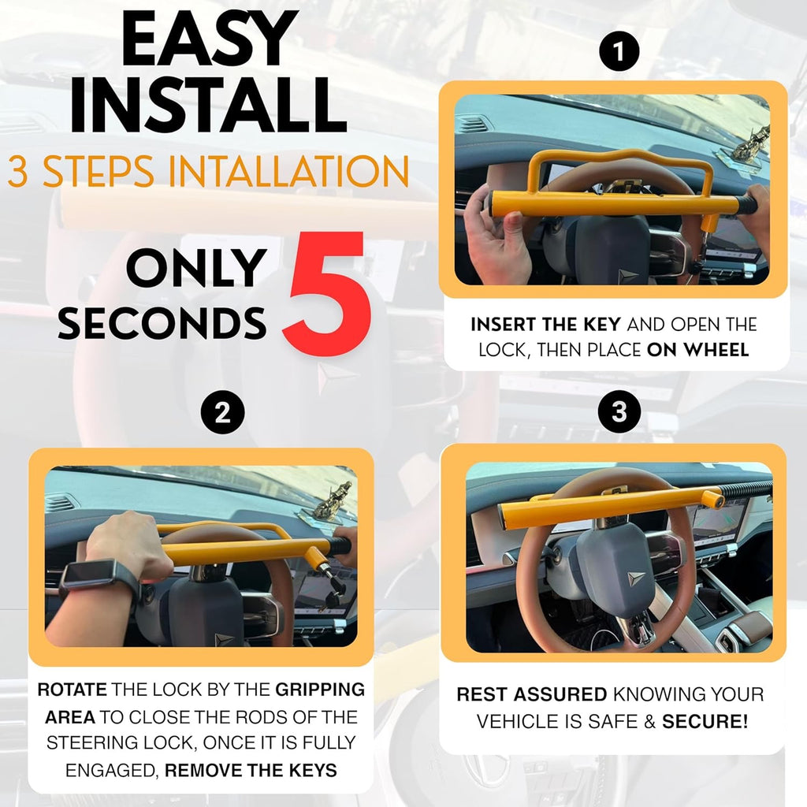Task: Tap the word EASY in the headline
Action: point(207,40)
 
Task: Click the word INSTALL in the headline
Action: point(207,105)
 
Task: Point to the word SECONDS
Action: point(162,322)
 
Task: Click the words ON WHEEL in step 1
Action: point(697,350)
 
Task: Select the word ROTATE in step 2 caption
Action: point(72,690)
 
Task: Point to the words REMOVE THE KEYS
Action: point(251,770)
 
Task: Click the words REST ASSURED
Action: point(532,694)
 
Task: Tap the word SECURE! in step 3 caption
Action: point(705,720)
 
